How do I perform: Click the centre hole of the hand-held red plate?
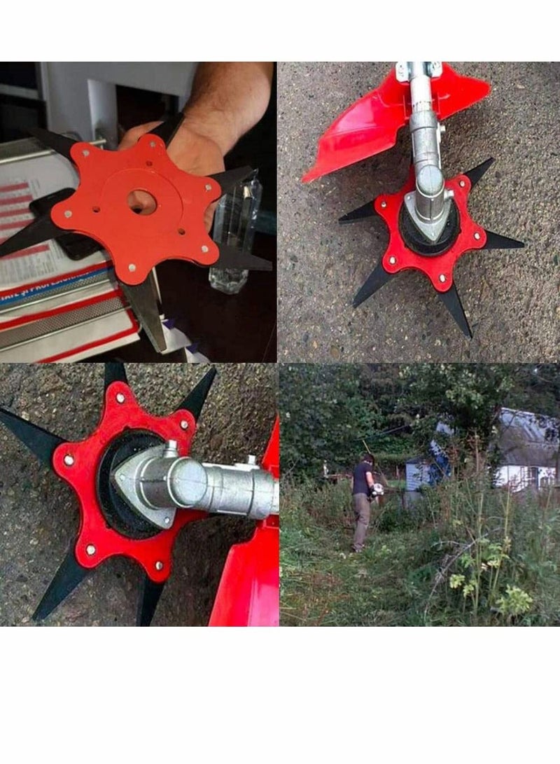(142, 201)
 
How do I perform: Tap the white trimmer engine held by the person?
(378, 490)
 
